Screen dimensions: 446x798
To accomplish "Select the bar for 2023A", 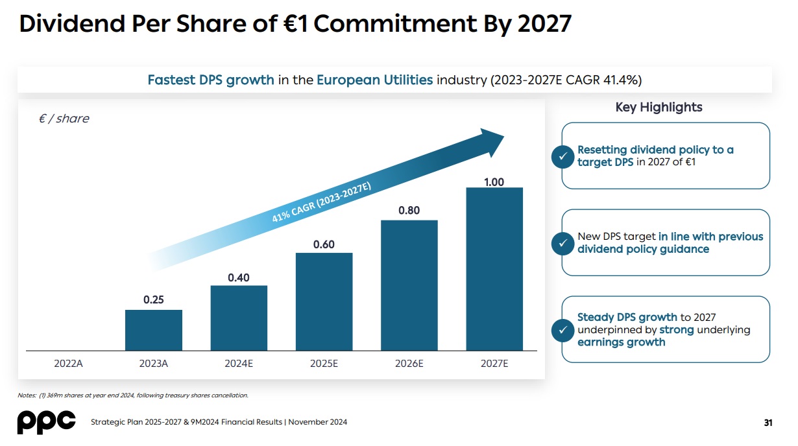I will [154, 330].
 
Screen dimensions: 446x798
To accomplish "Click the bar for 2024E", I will [239, 318].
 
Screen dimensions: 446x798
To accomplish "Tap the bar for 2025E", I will [324, 301].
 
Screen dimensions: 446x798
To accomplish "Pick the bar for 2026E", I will [409, 285].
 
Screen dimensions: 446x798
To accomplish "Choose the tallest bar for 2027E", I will [494, 269].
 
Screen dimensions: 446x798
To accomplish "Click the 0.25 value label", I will [154, 299].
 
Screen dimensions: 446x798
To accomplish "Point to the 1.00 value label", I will [494, 182].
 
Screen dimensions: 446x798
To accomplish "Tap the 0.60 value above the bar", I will [324, 244].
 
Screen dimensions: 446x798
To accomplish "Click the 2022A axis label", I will [68, 364].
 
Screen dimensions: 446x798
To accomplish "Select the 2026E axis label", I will [409, 364].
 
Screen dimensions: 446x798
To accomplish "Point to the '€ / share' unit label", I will [64, 119].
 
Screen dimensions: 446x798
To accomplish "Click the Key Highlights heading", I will [659, 108].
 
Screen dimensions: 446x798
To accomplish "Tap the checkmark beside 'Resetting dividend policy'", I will [561, 156].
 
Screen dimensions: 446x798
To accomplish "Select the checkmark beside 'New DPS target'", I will [561, 243].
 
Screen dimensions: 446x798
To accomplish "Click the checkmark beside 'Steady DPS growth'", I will [561, 330].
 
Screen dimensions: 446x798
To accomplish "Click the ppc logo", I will [46, 421].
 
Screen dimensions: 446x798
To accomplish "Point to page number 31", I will [768, 423].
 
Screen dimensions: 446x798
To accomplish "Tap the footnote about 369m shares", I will [133, 395].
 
